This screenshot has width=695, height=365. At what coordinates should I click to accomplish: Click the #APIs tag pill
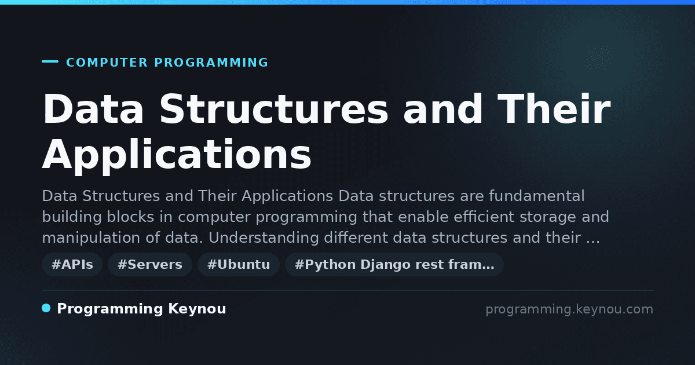72,264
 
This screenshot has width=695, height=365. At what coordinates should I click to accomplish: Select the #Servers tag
150,264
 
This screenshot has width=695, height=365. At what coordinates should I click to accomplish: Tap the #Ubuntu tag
239,264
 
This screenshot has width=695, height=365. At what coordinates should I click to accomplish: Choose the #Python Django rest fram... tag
394,264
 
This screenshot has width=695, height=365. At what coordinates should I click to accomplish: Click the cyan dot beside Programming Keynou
46,308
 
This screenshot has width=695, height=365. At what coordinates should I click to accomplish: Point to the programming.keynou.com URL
569,309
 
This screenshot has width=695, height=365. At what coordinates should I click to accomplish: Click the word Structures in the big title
273,109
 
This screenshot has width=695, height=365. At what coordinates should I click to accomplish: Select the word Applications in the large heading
177,154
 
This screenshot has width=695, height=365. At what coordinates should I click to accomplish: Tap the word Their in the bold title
554,109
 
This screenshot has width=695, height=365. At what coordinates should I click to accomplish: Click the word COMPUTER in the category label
107,63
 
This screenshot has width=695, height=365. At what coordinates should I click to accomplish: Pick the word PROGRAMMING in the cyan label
211,63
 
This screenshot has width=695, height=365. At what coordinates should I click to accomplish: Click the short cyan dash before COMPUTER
50,61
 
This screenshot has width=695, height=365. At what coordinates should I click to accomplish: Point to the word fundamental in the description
537,196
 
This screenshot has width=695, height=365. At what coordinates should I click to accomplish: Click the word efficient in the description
484,217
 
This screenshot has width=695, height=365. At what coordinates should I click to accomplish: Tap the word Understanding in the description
264,238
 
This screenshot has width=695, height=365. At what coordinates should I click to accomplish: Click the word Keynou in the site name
197,309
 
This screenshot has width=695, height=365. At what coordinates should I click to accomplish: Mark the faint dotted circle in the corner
598,57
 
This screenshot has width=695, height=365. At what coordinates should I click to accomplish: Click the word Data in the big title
93,109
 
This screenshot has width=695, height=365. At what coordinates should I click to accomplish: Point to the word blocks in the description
131,217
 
